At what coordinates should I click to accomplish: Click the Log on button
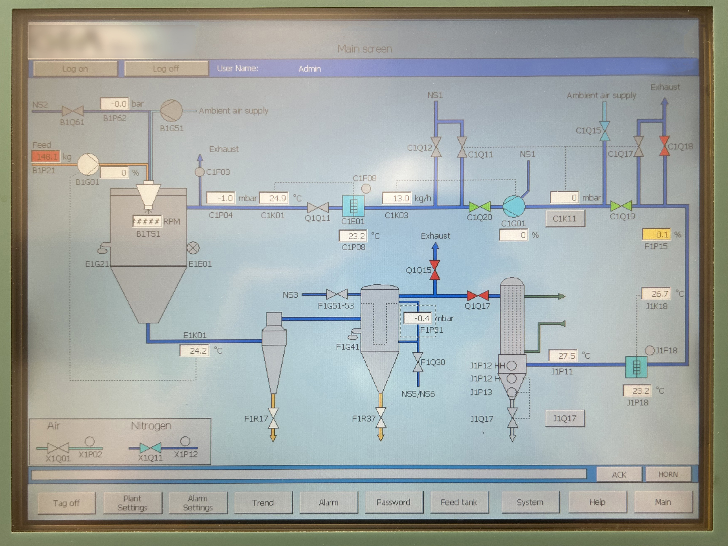pyautogui.click(x=75, y=69)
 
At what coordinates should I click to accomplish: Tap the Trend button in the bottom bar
pyautogui.click(x=263, y=502)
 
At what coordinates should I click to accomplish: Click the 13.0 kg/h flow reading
pyautogui.click(x=396, y=198)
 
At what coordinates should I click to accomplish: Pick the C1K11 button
pyautogui.click(x=565, y=218)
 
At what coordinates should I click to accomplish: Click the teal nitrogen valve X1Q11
pyautogui.click(x=150, y=448)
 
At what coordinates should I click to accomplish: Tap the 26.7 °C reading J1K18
pyautogui.click(x=656, y=294)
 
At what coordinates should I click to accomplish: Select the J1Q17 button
pyautogui.click(x=565, y=418)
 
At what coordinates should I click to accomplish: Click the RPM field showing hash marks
pyautogui.click(x=147, y=221)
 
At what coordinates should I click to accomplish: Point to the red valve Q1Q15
pyautogui.click(x=435, y=270)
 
